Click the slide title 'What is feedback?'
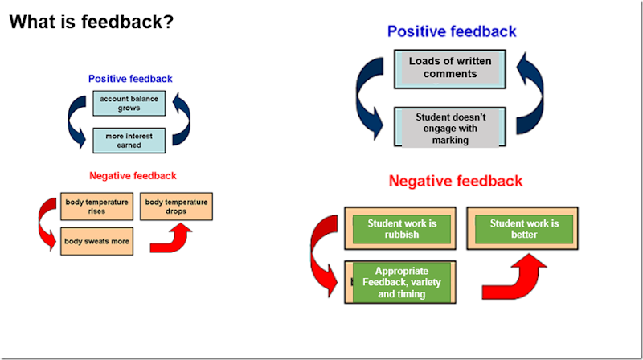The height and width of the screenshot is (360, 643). [91, 22]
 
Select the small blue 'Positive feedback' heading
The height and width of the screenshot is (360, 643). [130, 79]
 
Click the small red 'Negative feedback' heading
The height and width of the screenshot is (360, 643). [133, 175]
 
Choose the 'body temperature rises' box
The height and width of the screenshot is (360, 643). [96, 207]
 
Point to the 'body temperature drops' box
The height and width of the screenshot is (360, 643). [176, 207]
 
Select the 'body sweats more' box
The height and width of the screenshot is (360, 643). [96, 241]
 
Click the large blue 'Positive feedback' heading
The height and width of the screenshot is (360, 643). [452, 31]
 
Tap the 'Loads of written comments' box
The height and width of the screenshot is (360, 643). [450, 67]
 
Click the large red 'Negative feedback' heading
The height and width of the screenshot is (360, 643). [456, 182]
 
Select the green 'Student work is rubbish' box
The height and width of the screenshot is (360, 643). [400, 228]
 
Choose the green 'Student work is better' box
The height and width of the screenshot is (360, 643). [524, 228]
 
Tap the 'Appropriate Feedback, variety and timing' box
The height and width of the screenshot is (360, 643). [400, 283]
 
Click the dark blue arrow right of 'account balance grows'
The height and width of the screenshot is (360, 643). [181, 121]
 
